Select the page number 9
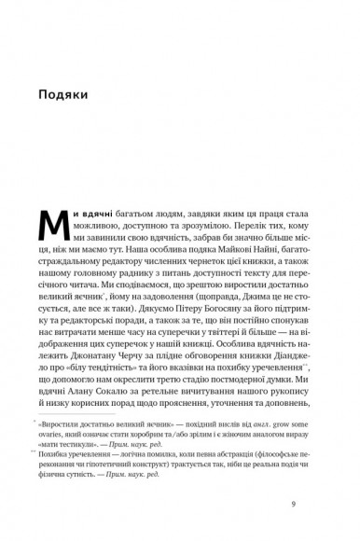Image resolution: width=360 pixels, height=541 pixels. (294, 504)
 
